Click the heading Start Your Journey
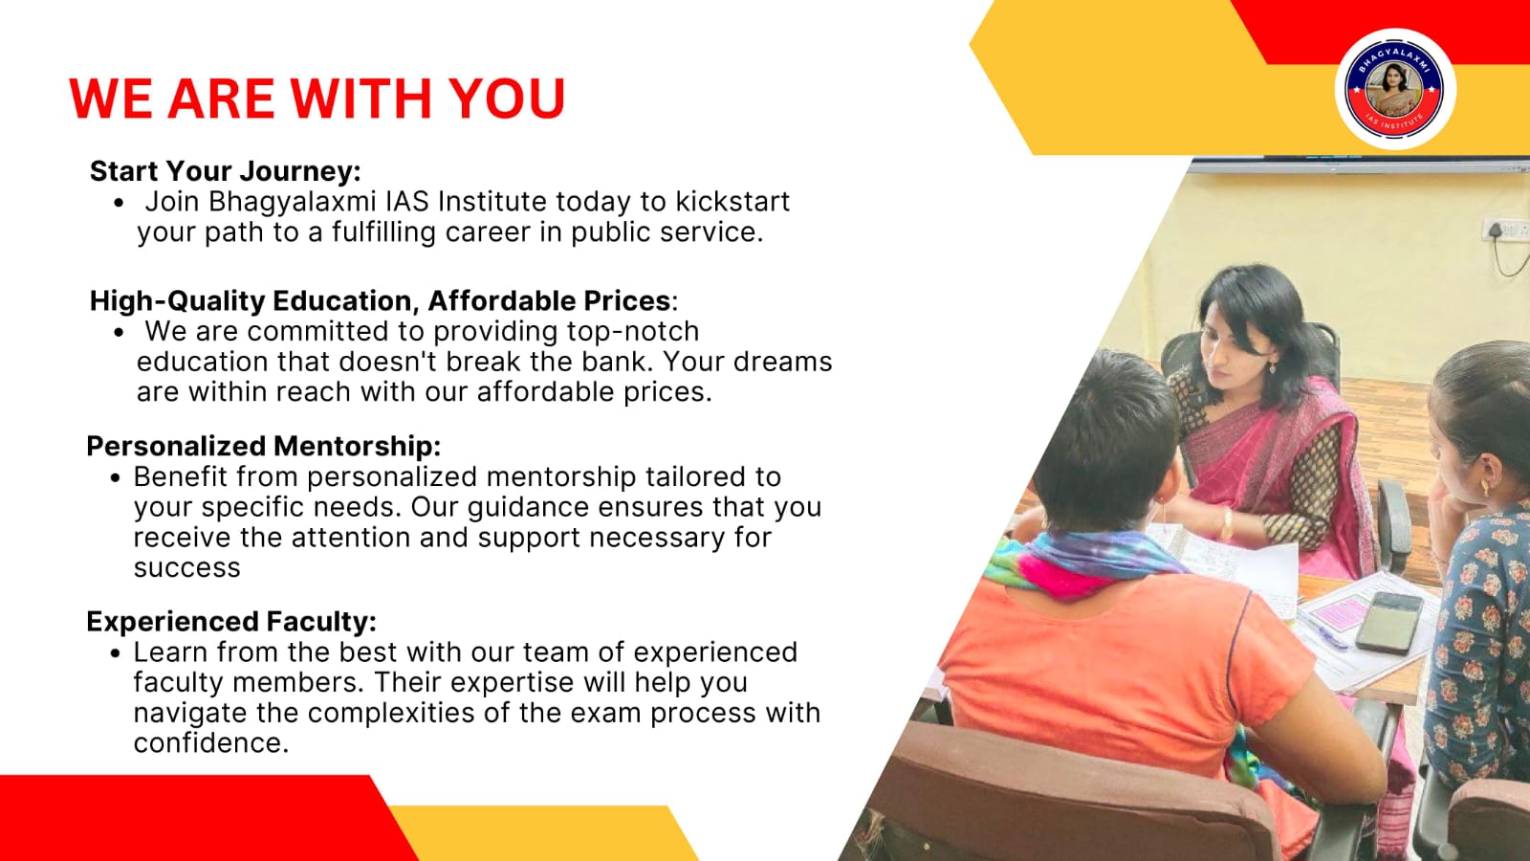[226, 171]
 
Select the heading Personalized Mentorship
[264, 446]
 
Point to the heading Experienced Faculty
[231, 621]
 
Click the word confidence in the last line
[211, 742]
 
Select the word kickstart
[732, 202]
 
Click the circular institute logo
[1394, 90]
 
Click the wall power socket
[1505, 230]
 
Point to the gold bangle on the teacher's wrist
[1227, 525]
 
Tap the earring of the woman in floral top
[1483, 487]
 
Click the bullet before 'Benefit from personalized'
[115, 477]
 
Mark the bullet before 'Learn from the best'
[115, 653]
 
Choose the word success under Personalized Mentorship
[187, 568]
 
